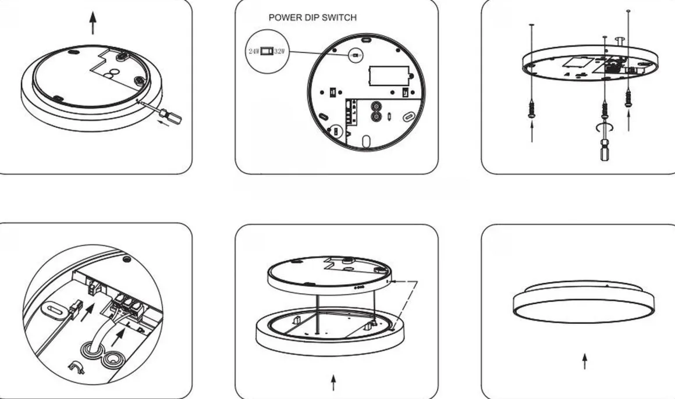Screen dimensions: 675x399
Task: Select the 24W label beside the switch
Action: click(x=254, y=51)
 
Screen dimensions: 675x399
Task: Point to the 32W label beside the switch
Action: click(x=279, y=51)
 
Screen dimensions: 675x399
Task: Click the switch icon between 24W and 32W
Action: click(x=267, y=51)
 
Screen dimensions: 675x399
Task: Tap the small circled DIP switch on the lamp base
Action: click(x=355, y=55)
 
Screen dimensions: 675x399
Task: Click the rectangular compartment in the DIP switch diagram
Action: click(x=389, y=76)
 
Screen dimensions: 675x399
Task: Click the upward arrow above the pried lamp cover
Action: click(x=93, y=23)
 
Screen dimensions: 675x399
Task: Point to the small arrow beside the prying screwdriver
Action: click(x=163, y=124)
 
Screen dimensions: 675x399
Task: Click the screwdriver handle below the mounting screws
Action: click(x=605, y=148)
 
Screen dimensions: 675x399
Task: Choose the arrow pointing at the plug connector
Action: click(x=87, y=312)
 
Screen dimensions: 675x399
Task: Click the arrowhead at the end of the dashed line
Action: click(x=397, y=282)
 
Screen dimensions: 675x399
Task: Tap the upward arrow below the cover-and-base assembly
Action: click(x=333, y=382)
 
